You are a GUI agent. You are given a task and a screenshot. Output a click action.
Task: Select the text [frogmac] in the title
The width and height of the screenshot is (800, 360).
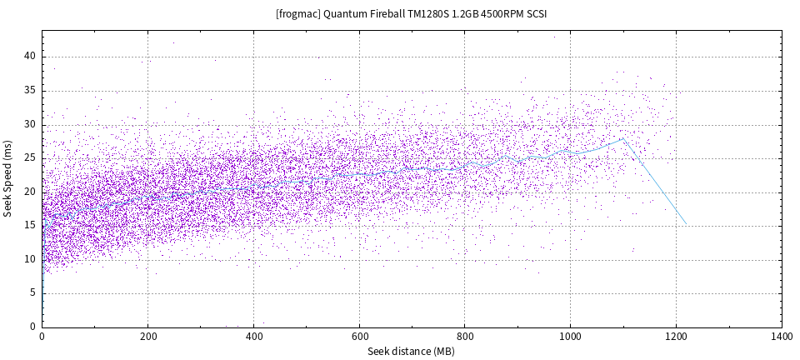click(296, 14)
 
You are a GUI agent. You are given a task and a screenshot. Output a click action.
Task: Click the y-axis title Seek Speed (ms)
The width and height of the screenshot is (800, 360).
click(8, 178)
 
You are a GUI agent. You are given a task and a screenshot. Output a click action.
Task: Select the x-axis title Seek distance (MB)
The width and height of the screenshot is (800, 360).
click(412, 352)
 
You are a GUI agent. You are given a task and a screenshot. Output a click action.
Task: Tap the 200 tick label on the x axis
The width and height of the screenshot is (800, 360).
click(147, 337)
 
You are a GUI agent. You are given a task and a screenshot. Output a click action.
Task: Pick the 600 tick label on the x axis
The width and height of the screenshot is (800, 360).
click(359, 337)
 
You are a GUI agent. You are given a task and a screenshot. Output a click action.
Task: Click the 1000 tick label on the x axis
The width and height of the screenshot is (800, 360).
click(570, 337)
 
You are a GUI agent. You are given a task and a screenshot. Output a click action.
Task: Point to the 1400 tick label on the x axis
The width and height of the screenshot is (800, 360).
click(782, 337)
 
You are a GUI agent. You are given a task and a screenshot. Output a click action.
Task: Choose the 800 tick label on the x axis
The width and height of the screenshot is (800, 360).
click(465, 337)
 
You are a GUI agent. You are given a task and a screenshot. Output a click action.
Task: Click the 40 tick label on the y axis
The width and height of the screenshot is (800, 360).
click(30, 56)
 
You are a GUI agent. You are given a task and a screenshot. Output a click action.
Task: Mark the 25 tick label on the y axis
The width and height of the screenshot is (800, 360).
click(30, 157)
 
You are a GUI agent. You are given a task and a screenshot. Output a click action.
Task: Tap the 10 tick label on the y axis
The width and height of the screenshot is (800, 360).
click(30, 259)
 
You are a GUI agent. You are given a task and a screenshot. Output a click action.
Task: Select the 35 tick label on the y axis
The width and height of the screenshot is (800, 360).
click(30, 90)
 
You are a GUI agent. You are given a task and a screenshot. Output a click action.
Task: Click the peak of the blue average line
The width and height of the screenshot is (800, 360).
click(622, 138)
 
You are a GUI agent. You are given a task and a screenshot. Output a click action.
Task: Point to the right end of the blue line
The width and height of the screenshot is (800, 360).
click(686, 223)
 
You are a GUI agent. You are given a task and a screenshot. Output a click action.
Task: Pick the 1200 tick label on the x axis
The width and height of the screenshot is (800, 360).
click(676, 337)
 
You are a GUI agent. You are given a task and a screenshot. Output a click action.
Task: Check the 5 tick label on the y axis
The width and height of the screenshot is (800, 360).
click(32, 292)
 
